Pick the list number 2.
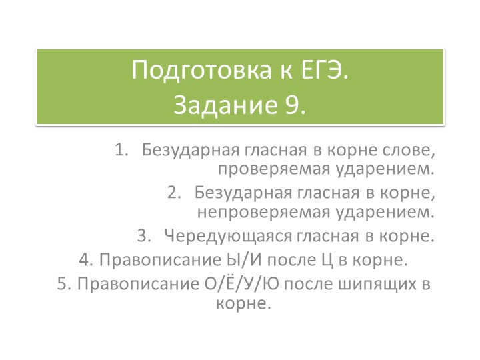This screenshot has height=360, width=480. click(173, 194)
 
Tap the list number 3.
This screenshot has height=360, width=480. click(142, 236)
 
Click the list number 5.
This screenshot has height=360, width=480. click(63, 284)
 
